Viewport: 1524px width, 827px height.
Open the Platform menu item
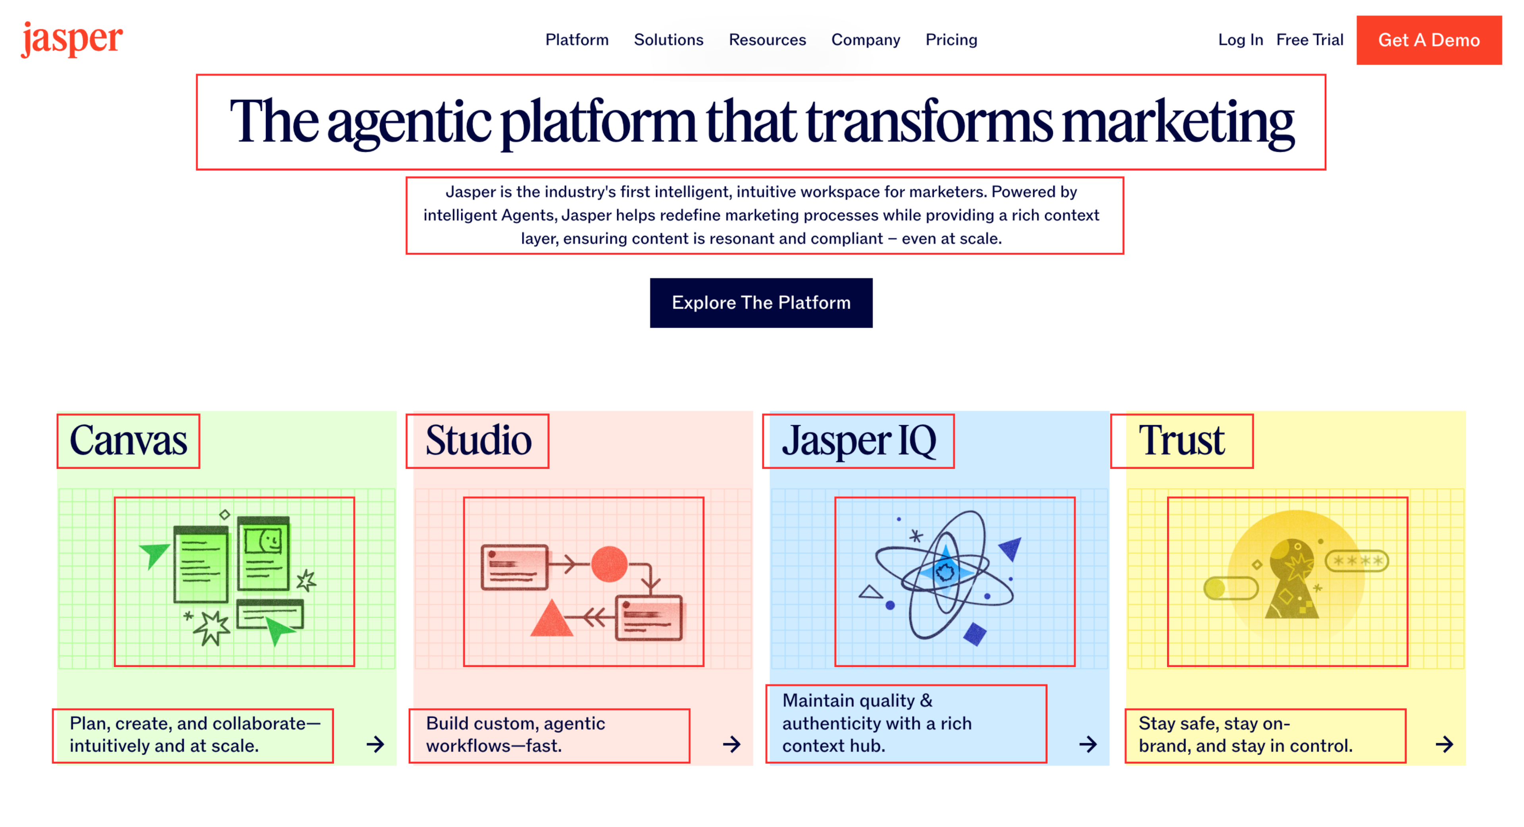click(x=577, y=40)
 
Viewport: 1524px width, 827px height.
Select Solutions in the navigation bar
click(x=668, y=40)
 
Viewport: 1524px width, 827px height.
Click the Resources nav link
click(x=767, y=40)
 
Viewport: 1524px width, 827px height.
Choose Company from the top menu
click(x=866, y=40)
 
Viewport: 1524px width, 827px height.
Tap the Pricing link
click(x=951, y=40)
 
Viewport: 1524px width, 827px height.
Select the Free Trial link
click(x=1310, y=40)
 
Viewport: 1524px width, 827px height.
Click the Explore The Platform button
click(x=761, y=303)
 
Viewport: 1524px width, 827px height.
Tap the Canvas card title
click(x=128, y=441)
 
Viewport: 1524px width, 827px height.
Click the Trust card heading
click(x=1181, y=441)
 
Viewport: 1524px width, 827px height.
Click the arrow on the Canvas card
click(x=375, y=744)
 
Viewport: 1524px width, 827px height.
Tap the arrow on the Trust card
click(x=1444, y=744)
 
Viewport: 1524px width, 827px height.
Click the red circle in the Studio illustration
click(x=609, y=564)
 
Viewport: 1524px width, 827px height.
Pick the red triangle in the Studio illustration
click(x=551, y=619)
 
